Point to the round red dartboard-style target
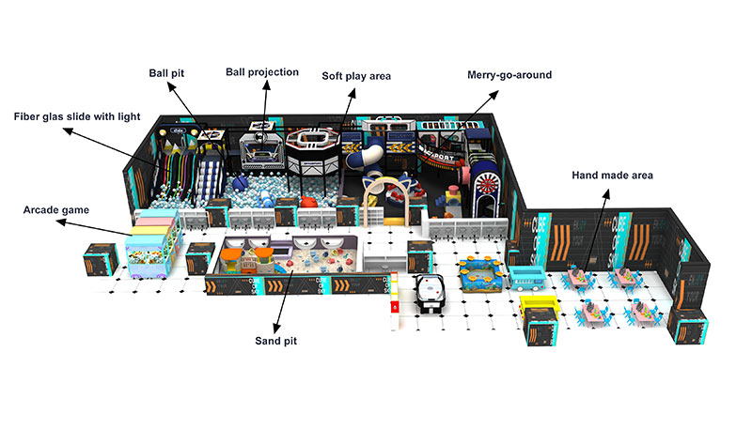[487, 180]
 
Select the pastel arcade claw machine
[150, 249]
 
